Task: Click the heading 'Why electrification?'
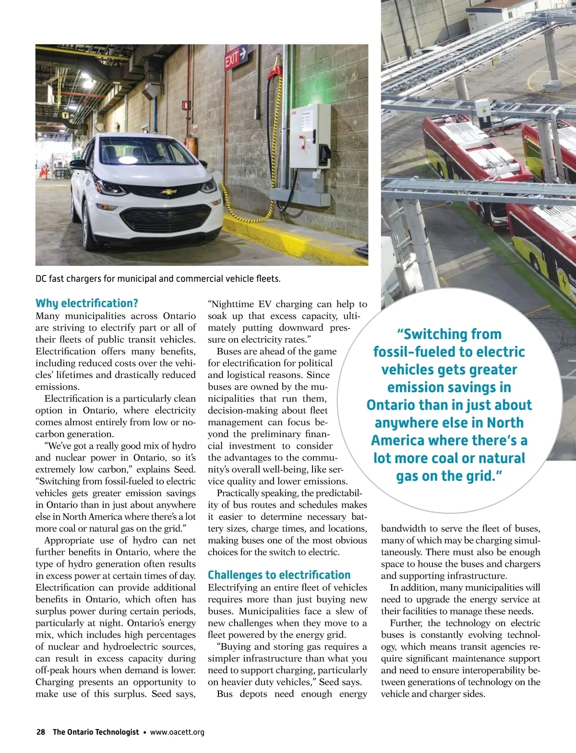pyautogui.click(x=87, y=303)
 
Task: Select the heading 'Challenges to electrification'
pyautogui.click(x=279, y=575)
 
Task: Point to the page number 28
pyautogui.click(x=40, y=732)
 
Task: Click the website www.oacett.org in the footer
pyautogui.click(x=177, y=732)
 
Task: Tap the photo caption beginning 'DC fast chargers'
pyautogui.click(x=158, y=279)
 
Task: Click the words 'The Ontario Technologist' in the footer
pyautogui.click(x=96, y=732)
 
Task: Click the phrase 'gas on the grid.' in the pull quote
pyautogui.click(x=449, y=476)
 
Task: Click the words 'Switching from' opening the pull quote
pyautogui.click(x=449, y=334)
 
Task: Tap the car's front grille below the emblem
pyautogui.click(x=166, y=218)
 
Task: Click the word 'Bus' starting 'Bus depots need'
pyautogui.click(x=225, y=694)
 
